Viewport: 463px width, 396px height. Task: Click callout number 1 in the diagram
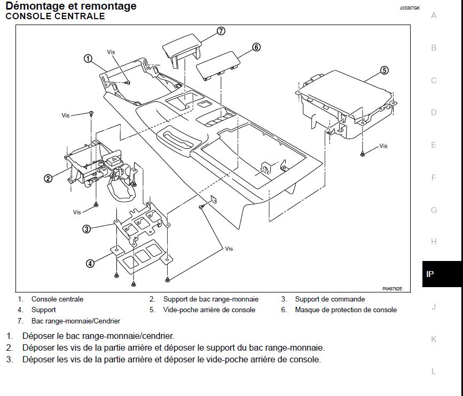point(89,59)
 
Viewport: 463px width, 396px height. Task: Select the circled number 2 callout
point(48,178)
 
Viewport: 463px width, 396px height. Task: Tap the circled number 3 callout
point(87,229)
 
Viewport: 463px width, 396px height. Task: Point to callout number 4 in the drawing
point(90,263)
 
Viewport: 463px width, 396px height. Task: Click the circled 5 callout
point(384,70)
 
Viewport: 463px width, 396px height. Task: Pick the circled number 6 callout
point(256,47)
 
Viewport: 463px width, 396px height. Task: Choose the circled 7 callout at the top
point(221,31)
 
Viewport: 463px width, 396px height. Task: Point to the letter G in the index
point(434,210)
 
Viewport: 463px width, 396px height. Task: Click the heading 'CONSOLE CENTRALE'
point(55,16)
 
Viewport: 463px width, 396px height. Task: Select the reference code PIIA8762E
point(392,289)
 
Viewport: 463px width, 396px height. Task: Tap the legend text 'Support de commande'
point(329,299)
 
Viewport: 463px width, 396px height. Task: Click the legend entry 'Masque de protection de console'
point(346,310)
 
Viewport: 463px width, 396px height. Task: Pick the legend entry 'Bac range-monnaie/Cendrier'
point(76,321)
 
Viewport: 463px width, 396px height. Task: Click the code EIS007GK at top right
point(410,8)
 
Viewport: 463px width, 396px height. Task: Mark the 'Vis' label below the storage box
point(383,146)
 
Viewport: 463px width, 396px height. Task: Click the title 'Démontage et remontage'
point(71,6)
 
